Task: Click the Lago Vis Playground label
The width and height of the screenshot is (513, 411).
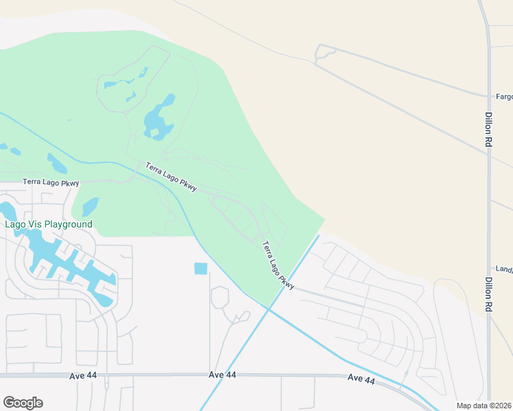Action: pos(49,224)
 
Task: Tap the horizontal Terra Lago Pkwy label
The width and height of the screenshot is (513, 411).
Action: pos(51,182)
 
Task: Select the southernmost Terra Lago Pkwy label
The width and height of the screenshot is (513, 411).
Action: pos(278,265)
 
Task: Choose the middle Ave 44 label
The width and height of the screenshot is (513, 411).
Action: pos(222,375)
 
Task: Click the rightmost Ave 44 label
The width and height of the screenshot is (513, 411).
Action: pos(361,378)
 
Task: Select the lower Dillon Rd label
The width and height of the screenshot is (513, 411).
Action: pos(489,295)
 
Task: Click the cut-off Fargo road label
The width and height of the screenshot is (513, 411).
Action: pos(504,97)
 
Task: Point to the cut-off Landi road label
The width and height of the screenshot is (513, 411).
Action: pos(504,269)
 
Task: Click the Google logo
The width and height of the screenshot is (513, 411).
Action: pos(23,403)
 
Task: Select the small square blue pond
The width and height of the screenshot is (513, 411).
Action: pos(200,269)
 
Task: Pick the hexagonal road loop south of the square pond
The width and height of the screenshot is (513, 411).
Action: pos(220,297)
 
